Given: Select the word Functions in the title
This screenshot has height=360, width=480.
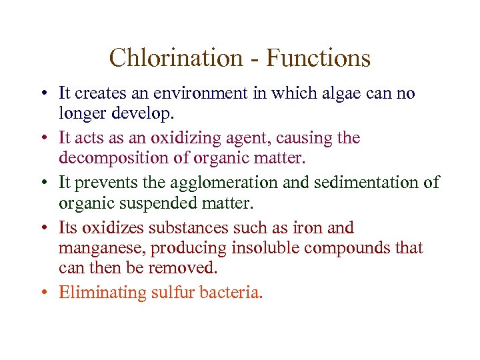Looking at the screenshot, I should [x=318, y=58].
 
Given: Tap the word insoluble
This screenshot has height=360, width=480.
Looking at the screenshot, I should [x=263, y=247].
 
